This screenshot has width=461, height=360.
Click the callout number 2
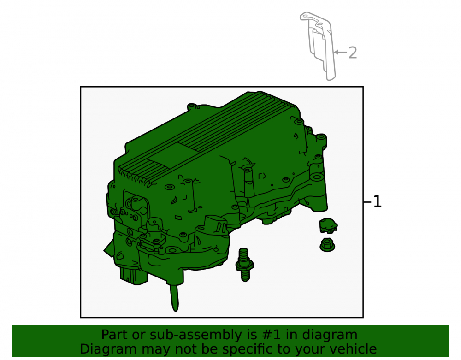pos(353,53)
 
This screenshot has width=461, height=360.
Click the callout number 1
pos(378,202)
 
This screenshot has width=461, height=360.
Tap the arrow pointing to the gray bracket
pos(341,52)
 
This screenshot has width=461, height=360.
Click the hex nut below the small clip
pos(327,245)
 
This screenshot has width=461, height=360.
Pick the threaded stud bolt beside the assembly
pos(244,264)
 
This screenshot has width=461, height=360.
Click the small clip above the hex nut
pos(328,225)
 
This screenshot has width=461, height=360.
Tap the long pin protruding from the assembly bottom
pos(174,297)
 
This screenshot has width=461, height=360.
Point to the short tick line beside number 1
pos(367,202)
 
